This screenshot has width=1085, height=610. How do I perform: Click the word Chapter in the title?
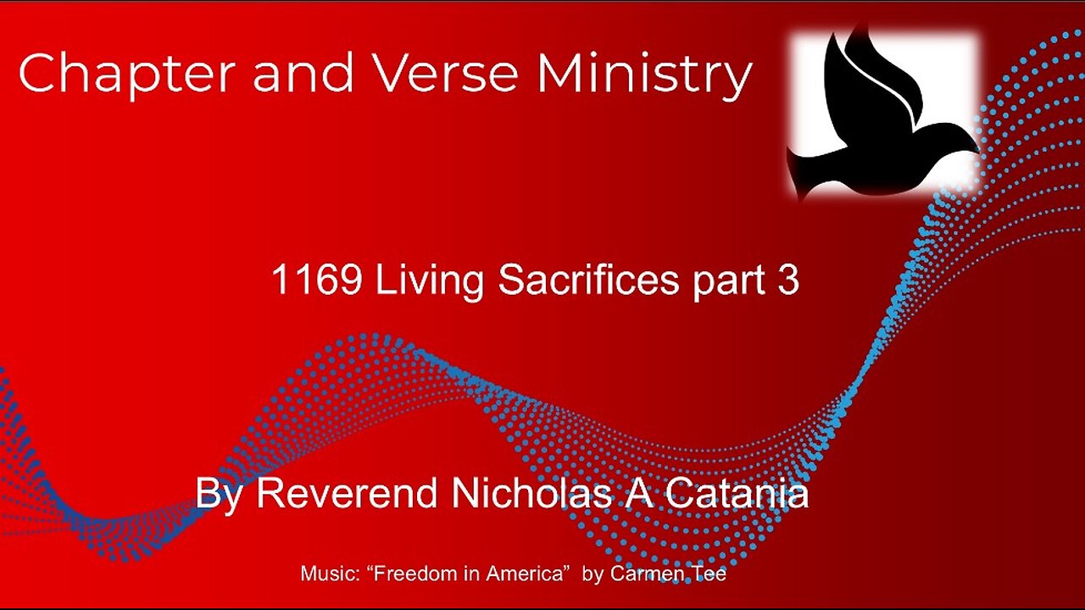pyautogui.click(x=125, y=75)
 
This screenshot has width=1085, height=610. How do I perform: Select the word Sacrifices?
pyautogui.click(x=589, y=281)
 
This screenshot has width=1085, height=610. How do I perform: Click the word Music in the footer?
pyautogui.click(x=322, y=574)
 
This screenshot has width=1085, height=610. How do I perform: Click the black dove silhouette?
pyautogui.click(x=873, y=119)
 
